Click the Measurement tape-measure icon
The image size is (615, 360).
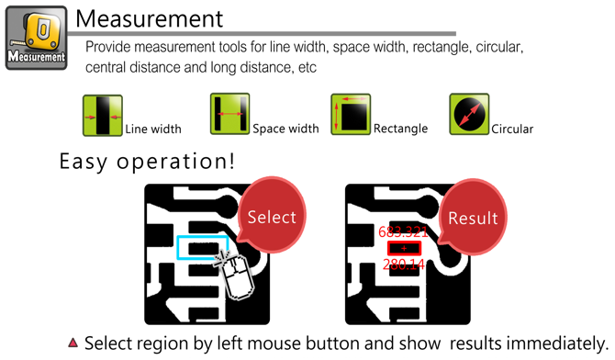[37, 38]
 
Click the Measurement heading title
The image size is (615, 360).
[149, 18]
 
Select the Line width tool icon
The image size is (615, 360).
[103, 116]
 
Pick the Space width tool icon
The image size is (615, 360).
[229, 114]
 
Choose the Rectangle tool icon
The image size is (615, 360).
[351, 114]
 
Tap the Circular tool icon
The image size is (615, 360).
[469, 114]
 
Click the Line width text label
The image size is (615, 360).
[153, 129]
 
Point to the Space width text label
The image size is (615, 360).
[285, 129]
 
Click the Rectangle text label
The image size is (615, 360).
[400, 129]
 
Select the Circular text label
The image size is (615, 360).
[512, 129]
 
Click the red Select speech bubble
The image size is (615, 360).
[272, 216]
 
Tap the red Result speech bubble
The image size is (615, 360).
[472, 217]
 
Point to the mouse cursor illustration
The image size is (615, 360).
[235, 276]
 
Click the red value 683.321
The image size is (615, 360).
[403, 232]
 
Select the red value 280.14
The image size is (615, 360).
[404, 264]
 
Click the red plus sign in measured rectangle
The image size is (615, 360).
[404, 248]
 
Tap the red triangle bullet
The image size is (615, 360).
[73, 343]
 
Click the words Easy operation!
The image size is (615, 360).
[147, 162]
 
